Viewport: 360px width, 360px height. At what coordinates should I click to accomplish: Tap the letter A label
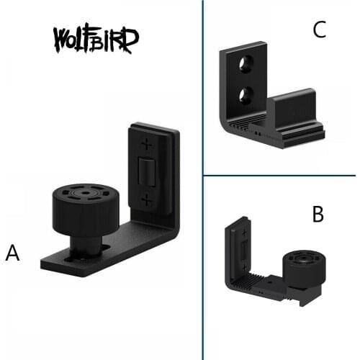tap(13, 253)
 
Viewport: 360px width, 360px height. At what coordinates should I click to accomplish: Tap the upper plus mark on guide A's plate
tap(146, 143)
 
